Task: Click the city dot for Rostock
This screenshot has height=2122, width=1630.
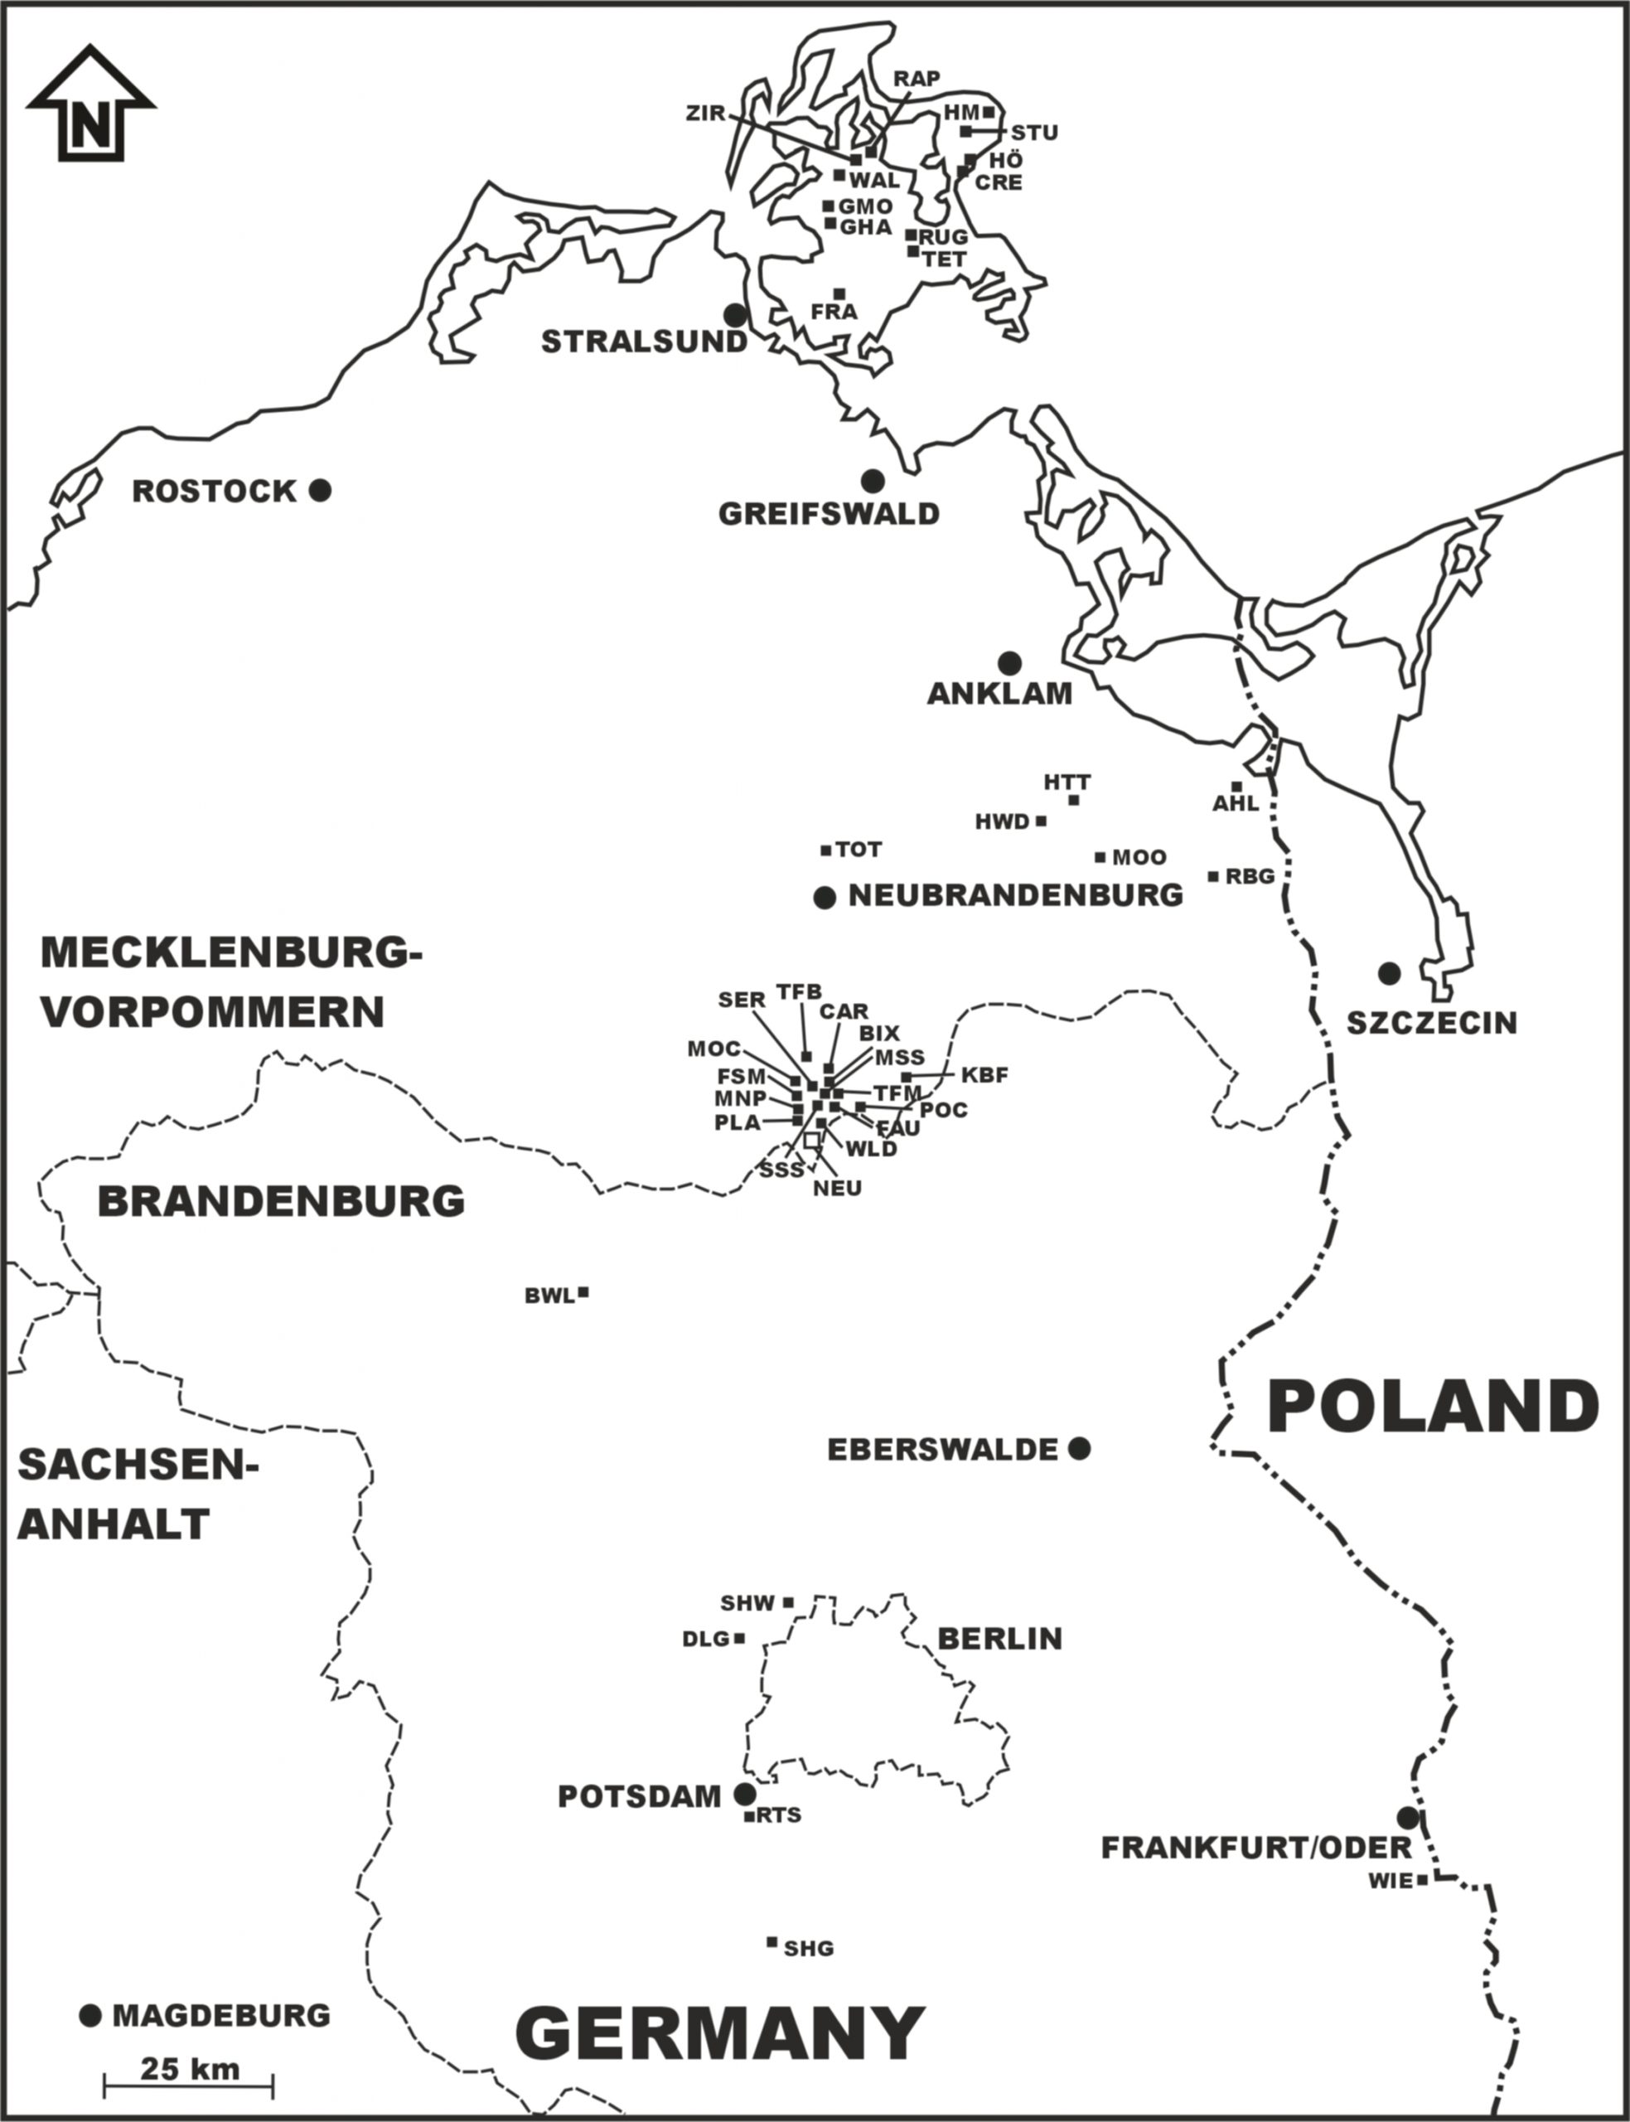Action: (320, 490)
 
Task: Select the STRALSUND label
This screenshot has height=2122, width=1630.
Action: (643, 342)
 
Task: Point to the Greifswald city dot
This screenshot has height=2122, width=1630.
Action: (873, 479)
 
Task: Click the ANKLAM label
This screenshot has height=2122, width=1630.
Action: (999, 694)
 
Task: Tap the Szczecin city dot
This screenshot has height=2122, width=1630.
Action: (1390, 972)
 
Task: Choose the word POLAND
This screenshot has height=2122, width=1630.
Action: (1433, 1407)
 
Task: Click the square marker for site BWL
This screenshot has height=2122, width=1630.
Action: (583, 1292)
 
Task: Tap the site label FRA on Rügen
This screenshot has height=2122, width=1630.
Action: (834, 312)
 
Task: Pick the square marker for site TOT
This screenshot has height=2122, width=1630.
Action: (825, 850)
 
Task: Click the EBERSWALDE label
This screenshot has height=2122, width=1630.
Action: (941, 1450)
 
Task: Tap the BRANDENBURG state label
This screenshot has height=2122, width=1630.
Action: (280, 1201)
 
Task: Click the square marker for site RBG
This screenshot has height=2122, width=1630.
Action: (1213, 876)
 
